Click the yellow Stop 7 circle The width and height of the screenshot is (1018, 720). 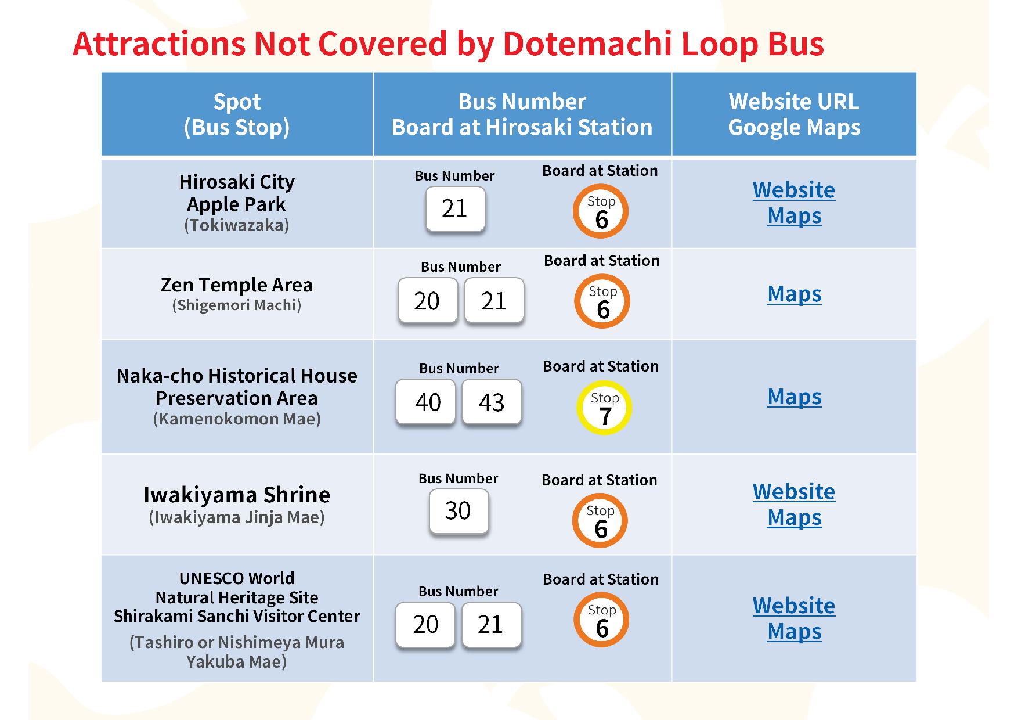click(604, 408)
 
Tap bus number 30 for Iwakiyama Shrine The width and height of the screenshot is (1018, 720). click(458, 511)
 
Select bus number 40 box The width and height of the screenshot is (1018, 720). click(428, 402)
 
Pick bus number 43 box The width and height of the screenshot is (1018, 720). click(492, 402)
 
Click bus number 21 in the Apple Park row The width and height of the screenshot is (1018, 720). click(454, 208)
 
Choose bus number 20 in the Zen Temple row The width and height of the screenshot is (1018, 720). click(427, 301)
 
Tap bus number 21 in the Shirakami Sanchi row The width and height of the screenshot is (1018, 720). click(491, 625)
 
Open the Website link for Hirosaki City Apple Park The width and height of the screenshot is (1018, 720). click(794, 190)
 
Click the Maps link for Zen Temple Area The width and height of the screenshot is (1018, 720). click(794, 294)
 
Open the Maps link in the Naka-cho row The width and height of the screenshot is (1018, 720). click(794, 397)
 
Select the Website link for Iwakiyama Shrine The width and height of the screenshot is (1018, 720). click(794, 492)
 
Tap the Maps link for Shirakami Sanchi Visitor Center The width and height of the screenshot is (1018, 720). click(794, 632)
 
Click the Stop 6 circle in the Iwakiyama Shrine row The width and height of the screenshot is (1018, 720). click(600, 521)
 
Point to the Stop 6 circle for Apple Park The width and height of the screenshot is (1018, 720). click(601, 211)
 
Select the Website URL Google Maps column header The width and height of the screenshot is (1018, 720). click(794, 114)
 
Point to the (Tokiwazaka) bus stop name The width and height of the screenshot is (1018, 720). click(237, 225)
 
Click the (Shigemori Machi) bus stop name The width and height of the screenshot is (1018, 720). click(237, 305)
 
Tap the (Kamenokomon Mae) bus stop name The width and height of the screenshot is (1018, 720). click(237, 419)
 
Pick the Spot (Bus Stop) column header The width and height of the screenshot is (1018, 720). click(237, 114)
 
